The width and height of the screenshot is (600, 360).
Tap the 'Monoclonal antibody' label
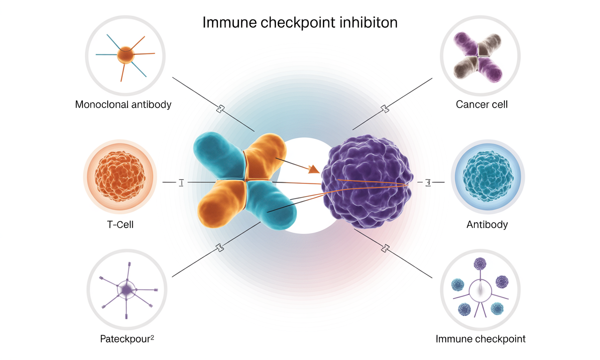coord(123,104)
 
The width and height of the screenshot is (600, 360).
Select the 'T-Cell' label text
coord(120,225)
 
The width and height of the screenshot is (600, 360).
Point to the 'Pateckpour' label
coord(125,338)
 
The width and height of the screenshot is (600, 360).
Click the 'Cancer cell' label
coord(481,104)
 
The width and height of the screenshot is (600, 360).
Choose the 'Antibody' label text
coord(487,225)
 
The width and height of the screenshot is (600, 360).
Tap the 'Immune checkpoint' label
coord(480,338)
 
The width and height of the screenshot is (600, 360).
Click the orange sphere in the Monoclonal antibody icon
coord(126,55)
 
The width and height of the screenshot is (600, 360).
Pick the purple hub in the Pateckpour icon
coord(126,290)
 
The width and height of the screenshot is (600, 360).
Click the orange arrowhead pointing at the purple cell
coord(314,169)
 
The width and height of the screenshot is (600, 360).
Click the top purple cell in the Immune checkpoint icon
coord(480,264)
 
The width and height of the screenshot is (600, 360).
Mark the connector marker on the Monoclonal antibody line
coord(220,109)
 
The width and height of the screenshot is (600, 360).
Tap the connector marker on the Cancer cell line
coord(385,109)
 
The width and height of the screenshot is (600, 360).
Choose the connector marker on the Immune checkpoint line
coord(385,248)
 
